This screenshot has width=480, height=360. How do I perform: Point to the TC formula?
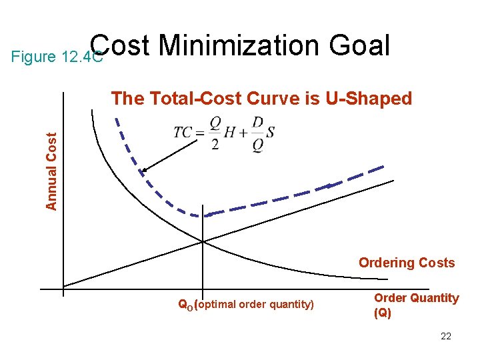click(x=223, y=135)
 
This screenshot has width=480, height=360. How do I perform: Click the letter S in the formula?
click(x=269, y=133)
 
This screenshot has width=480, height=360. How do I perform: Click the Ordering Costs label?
click(x=407, y=263)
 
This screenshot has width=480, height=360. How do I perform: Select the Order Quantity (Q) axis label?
click(x=416, y=305)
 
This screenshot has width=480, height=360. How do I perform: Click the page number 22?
click(x=446, y=336)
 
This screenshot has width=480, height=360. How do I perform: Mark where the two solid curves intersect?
click(x=203, y=241)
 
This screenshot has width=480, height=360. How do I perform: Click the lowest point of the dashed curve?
click(x=200, y=215)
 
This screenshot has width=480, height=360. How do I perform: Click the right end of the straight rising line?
click(x=394, y=180)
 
